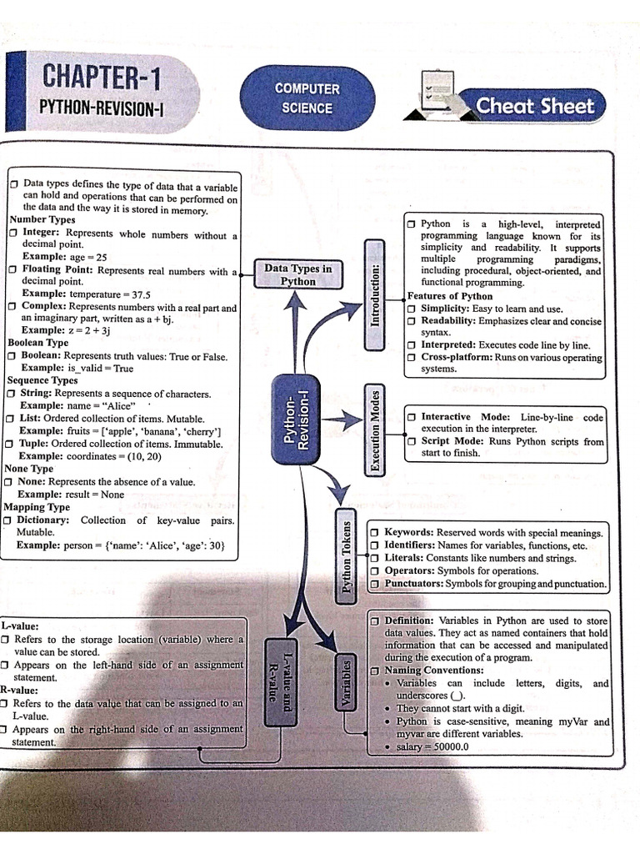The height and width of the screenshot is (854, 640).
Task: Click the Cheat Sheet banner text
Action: point(534,106)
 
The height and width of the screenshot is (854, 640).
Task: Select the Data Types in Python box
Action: point(297,274)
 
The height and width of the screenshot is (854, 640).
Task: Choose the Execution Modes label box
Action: point(375,430)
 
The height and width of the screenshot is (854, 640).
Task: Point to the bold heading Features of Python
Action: point(450,296)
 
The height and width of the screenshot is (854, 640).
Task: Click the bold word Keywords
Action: point(408,531)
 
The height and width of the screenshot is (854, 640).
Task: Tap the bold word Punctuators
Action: point(412,584)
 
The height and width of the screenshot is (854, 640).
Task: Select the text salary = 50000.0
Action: point(432,746)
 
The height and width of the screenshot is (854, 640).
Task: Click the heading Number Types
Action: point(42,220)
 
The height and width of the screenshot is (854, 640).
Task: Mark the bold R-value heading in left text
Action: point(19,691)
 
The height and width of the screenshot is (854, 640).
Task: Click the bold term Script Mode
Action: point(451,441)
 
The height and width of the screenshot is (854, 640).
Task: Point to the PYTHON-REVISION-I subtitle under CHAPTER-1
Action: point(101,108)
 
